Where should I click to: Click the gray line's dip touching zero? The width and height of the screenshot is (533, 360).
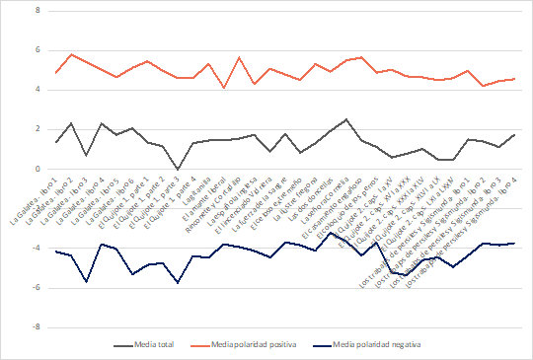(x=178, y=169)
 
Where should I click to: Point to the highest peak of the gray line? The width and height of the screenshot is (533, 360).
(x=345, y=119)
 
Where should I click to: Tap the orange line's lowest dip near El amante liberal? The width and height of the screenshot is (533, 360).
(x=224, y=88)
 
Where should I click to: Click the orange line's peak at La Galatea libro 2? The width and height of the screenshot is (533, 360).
(x=71, y=54)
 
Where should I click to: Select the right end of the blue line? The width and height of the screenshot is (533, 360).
(x=514, y=243)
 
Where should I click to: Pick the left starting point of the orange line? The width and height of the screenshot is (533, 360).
(x=55, y=73)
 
